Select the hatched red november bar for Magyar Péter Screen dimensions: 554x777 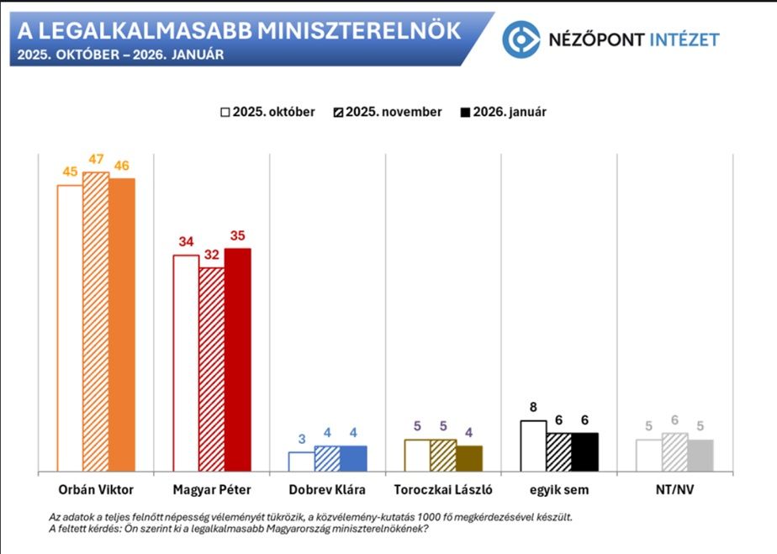point(212,370)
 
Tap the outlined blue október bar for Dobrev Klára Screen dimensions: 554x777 point(301,462)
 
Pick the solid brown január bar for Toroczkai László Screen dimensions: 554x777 point(469,458)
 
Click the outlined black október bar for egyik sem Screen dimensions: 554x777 point(533,446)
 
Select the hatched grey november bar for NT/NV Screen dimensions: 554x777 point(674,452)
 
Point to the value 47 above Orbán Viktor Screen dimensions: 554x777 point(96,160)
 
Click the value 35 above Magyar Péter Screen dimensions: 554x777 point(238,236)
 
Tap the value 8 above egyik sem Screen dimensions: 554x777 point(533,408)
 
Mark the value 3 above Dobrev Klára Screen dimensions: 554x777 point(301,440)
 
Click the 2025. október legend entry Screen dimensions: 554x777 point(267,112)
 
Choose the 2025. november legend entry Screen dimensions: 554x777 point(387,112)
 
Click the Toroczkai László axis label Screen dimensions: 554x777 point(443,489)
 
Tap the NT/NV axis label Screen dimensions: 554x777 point(674,489)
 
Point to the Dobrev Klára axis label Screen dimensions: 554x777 point(327,489)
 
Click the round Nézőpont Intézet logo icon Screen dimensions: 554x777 point(521,40)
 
